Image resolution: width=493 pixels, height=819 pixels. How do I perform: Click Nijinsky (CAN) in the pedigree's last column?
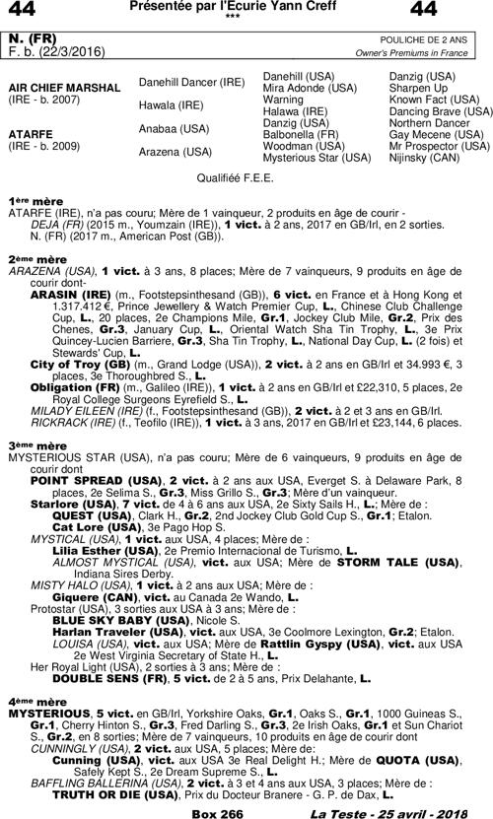(x=424, y=158)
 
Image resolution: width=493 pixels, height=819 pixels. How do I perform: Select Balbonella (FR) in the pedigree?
(x=302, y=134)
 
